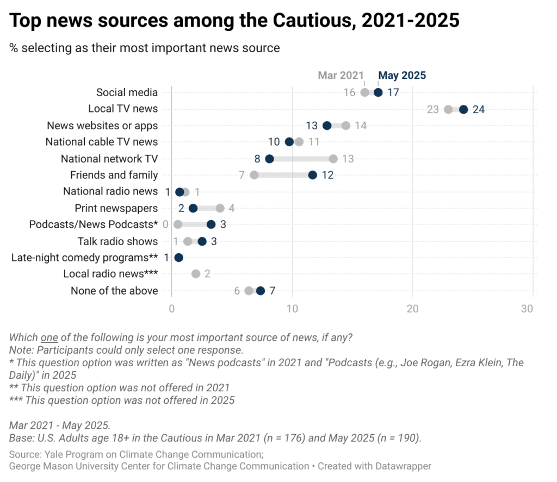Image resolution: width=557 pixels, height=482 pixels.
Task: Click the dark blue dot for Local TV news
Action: pos(463,109)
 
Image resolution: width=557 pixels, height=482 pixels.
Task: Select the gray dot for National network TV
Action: pos(333,159)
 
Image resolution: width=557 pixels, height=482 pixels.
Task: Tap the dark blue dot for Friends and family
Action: pos(312,175)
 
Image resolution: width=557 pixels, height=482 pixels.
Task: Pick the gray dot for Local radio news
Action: pos(196,274)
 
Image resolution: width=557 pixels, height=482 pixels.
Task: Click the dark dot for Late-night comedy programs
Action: pos(178,258)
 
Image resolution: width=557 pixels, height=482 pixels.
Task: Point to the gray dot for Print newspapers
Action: pos(220,208)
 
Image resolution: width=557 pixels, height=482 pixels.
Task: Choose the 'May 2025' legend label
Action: pos(402,76)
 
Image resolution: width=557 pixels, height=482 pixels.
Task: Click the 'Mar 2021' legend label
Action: pos(341,76)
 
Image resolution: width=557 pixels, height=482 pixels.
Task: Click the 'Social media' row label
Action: pos(127,92)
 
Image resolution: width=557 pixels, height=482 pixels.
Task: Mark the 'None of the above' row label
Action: pos(114,291)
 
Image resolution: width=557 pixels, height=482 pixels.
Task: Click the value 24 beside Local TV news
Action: pos(479,109)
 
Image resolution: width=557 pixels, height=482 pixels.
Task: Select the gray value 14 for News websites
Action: pos(361,126)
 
